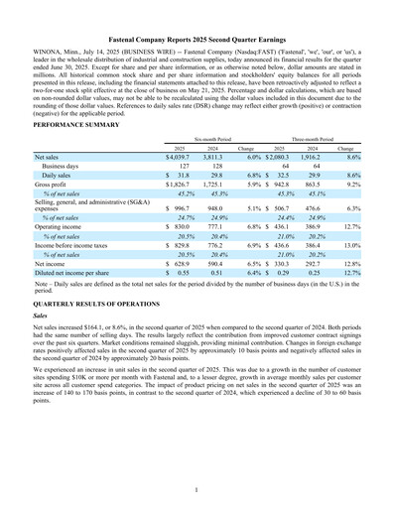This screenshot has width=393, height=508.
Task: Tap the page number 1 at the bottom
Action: (196, 489)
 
